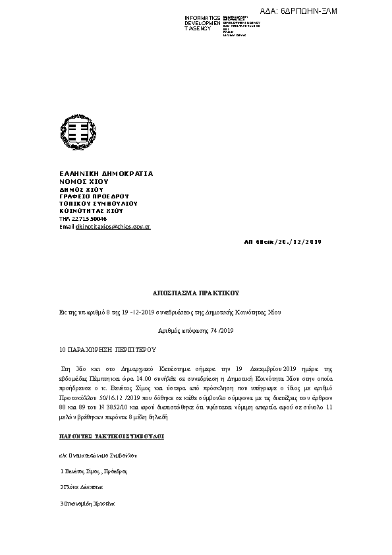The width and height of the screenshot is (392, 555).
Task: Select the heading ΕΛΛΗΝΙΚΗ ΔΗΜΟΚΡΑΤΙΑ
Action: pos(106,174)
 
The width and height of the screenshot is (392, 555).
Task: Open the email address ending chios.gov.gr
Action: pos(113,226)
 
